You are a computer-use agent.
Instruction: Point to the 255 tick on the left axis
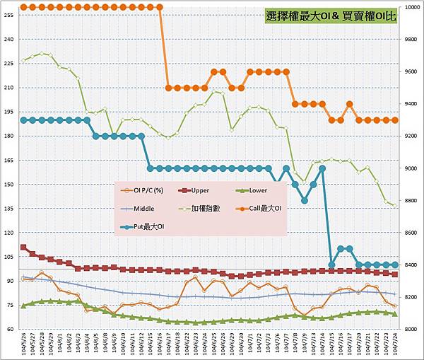pyautogui.click(x=9, y=15)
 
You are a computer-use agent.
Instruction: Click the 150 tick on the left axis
pyautogui.click(x=9, y=185)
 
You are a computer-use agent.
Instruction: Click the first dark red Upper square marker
pyautogui.click(x=24, y=248)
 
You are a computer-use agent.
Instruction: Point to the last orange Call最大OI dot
pyautogui.click(x=395, y=120)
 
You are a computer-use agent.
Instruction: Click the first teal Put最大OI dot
pyautogui.click(x=24, y=120)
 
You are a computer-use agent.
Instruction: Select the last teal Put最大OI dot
pyautogui.click(x=395, y=265)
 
